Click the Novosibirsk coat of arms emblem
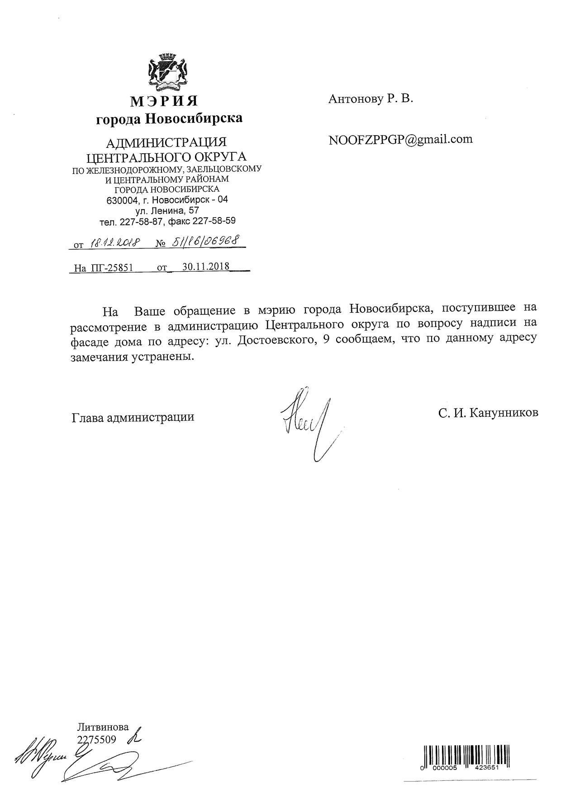(x=168, y=71)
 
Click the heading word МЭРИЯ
(x=164, y=101)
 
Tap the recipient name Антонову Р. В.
(x=371, y=99)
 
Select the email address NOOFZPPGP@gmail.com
(x=400, y=139)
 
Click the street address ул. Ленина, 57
(x=167, y=211)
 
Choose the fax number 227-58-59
(x=214, y=222)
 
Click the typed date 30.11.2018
(x=206, y=266)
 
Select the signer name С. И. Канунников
(x=488, y=413)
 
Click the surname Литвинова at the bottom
(x=103, y=727)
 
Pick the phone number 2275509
(x=97, y=739)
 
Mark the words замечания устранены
(x=129, y=357)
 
